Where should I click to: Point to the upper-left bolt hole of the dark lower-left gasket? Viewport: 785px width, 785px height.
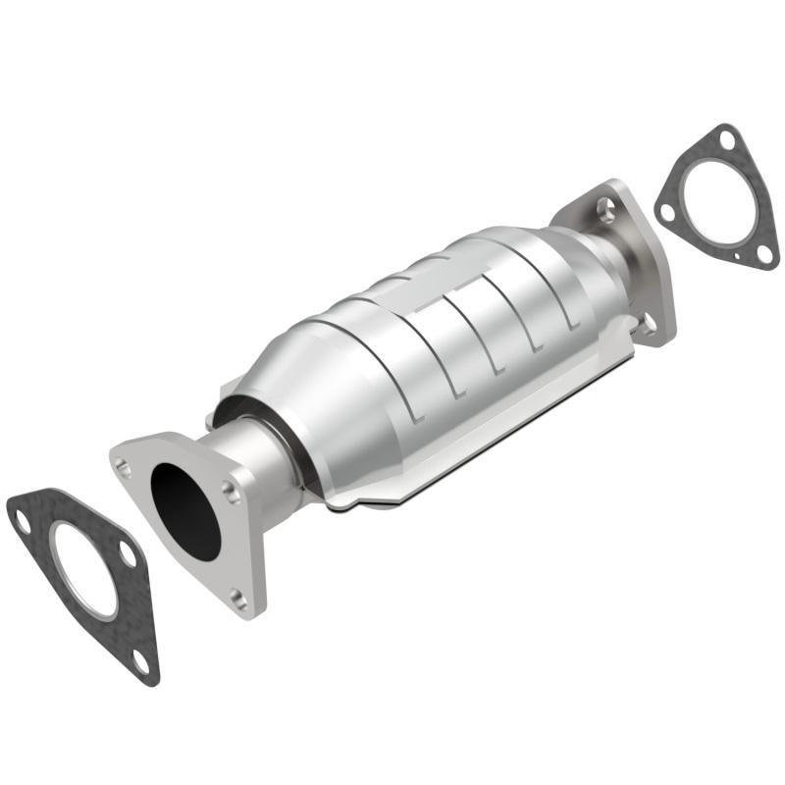pos(22,521)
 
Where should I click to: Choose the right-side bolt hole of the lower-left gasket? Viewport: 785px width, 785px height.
pos(127,554)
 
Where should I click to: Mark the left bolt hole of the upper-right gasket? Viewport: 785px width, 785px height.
pos(667,211)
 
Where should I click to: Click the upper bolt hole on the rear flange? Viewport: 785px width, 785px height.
pos(604,206)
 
